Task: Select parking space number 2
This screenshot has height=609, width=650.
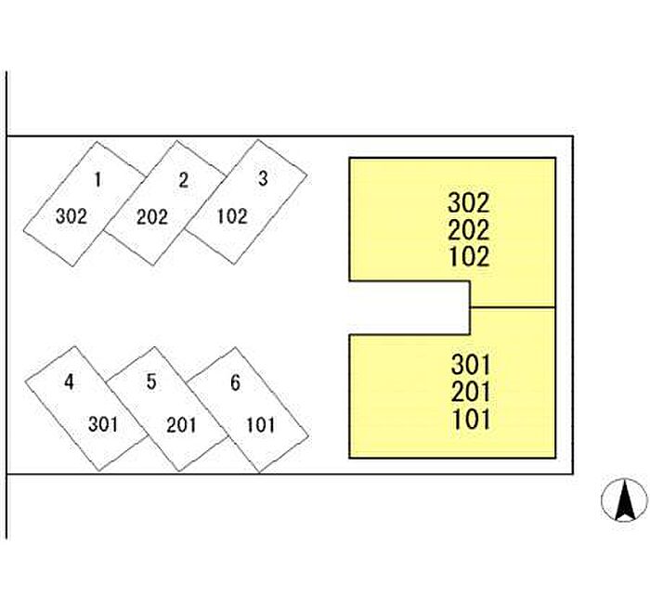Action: coord(165,203)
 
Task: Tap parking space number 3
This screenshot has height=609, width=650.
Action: coord(246,201)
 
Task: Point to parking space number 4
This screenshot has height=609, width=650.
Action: coord(86,408)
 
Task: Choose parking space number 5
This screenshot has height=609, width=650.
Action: coord(167,409)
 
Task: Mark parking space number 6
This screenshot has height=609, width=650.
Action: coord(248,410)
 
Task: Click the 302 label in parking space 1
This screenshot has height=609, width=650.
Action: coord(71,216)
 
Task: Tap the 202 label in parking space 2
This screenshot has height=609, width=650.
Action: coord(152,217)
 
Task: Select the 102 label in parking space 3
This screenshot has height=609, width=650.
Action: coord(232,216)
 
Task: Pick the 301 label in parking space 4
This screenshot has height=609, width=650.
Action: coord(103,424)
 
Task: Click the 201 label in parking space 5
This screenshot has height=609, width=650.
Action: coord(181,425)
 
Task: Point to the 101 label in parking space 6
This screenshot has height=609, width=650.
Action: coord(260,425)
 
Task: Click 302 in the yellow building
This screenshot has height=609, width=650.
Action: coord(469,203)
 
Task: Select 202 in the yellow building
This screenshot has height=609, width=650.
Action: coord(469,230)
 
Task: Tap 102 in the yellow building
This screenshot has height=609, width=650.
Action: coord(469,256)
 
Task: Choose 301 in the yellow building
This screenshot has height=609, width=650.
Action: coord(471,365)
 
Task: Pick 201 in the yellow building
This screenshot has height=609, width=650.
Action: coord(471,392)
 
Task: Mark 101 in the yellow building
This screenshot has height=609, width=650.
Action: coord(472,419)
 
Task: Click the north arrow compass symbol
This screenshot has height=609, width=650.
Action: coord(624,499)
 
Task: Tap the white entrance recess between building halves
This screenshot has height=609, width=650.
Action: coord(409,307)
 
